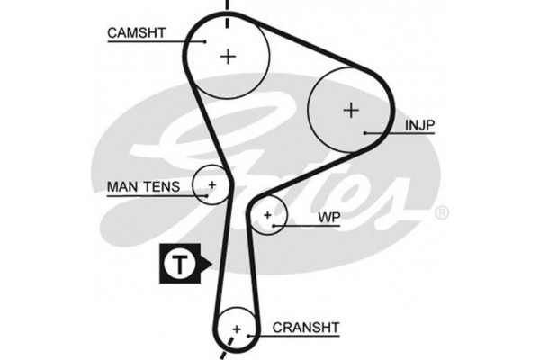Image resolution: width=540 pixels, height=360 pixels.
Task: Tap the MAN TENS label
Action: (144, 187)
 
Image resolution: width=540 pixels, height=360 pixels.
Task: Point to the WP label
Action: (328, 219)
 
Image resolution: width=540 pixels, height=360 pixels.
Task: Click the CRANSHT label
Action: (306, 328)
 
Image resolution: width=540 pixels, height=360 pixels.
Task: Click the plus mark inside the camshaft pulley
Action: (229, 56)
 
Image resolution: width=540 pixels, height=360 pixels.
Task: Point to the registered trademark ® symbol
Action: (441, 213)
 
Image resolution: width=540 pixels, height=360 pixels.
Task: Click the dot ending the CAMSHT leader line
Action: (206, 40)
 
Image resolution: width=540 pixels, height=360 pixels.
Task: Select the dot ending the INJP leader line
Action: (365, 133)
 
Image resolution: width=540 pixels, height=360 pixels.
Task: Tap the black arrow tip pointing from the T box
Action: (208, 264)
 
